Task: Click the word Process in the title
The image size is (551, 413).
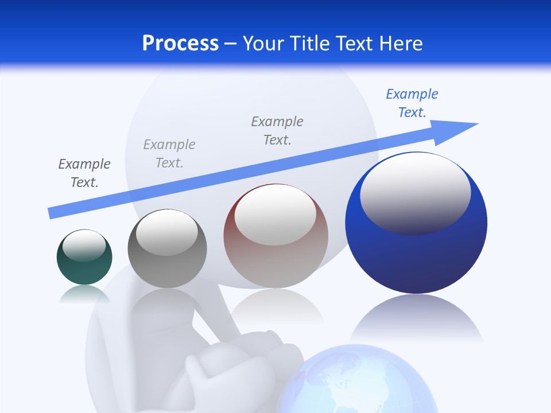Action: click(180, 44)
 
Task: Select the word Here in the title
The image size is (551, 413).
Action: click(402, 44)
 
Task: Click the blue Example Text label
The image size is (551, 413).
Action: click(412, 103)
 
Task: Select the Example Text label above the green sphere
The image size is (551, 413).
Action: click(84, 173)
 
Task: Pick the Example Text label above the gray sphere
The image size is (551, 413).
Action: click(169, 154)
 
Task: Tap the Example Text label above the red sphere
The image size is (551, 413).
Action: click(277, 131)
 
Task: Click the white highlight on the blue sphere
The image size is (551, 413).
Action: click(416, 192)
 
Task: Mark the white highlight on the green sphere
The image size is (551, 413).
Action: click(84, 246)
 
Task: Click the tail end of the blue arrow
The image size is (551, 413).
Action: click(53, 213)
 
